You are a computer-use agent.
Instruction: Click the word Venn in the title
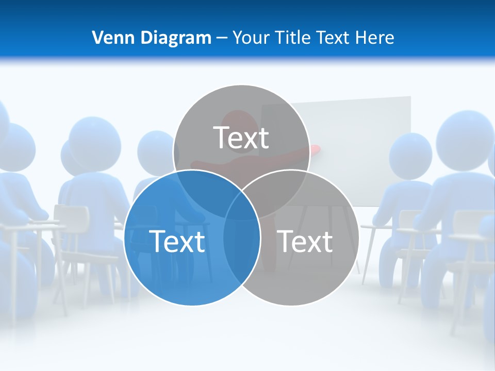[x=109, y=38]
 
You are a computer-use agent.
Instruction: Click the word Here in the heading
[x=376, y=38]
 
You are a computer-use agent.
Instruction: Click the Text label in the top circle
[x=241, y=138]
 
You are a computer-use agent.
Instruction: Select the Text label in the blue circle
[x=177, y=241]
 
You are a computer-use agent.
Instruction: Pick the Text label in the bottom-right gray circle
[x=305, y=241]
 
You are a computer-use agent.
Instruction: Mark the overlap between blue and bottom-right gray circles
[x=241, y=242]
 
